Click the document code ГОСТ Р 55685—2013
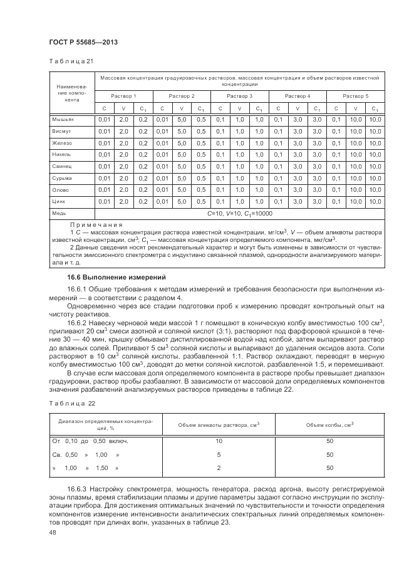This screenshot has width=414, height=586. (x=83, y=42)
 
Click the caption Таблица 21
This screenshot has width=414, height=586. (x=71, y=61)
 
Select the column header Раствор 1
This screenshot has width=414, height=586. (x=123, y=95)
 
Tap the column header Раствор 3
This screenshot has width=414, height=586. (x=239, y=95)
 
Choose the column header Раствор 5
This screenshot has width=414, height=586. (x=355, y=95)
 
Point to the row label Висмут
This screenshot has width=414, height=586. (x=63, y=131)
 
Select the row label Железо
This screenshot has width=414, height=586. (x=63, y=143)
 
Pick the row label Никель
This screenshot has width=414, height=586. (x=63, y=154)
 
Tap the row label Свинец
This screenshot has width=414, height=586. (x=63, y=166)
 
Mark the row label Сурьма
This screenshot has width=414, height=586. (x=63, y=178)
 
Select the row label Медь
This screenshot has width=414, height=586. (x=60, y=213)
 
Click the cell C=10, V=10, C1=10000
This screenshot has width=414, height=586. (x=239, y=213)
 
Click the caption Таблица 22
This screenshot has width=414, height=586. (x=71, y=404)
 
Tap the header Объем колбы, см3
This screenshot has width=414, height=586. (x=329, y=425)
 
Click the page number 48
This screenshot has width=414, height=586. (x=53, y=532)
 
